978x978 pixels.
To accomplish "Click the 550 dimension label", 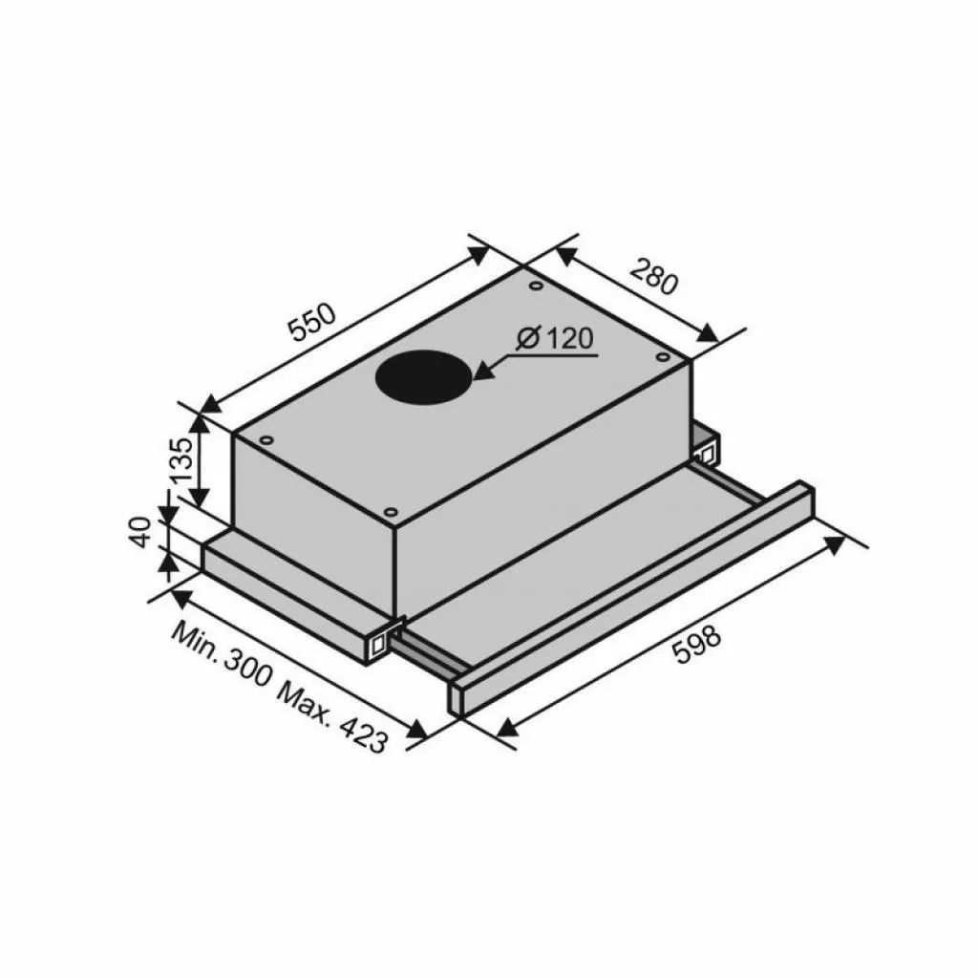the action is point(314,322).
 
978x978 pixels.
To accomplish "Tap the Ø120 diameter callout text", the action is point(555,340).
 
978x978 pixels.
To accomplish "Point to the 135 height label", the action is point(183,460).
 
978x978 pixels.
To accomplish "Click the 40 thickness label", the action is point(142,532).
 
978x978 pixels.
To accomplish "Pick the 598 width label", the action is point(697,643).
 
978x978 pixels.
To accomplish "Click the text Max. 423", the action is point(333,717).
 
